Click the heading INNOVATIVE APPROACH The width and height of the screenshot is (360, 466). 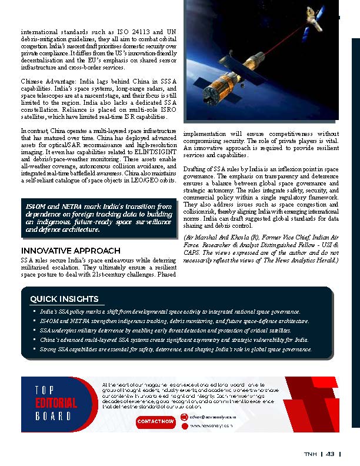click(x=66, y=250)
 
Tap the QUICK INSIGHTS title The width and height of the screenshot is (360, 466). click(x=64, y=299)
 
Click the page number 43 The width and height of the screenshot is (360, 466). click(x=330, y=454)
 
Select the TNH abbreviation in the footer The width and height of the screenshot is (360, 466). click(x=310, y=454)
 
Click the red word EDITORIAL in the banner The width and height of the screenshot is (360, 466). click(x=56, y=403)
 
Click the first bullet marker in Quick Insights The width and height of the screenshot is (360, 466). click(x=34, y=311)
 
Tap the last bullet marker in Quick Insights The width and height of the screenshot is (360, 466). click(x=34, y=349)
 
